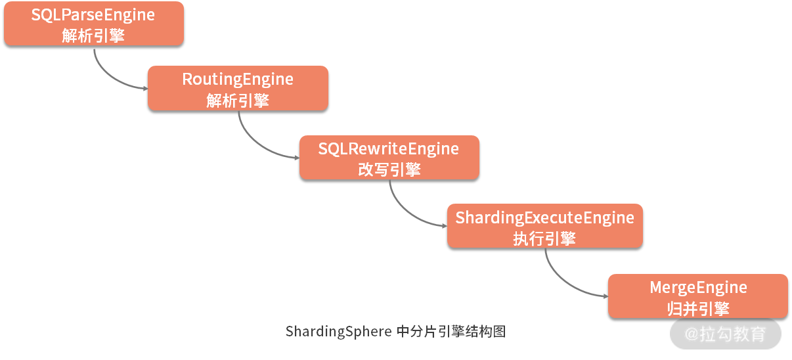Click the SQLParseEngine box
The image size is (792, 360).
point(93,24)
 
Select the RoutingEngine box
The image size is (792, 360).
point(237,88)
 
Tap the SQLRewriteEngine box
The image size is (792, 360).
point(389,158)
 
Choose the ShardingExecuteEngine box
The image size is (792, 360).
point(544,226)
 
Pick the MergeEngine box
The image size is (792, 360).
point(697,296)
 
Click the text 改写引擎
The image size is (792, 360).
point(389,169)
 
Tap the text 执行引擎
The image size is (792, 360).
point(544,238)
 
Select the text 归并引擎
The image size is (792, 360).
point(698,308)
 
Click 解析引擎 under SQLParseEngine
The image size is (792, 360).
point(93,35)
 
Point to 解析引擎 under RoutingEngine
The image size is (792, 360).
point(237,100)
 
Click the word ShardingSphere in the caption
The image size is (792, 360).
point(338,331)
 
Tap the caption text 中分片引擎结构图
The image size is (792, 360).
point(452,331)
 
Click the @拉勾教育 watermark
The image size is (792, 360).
point(726,334)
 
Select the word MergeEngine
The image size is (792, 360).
point(698,287)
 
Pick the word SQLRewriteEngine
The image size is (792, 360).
point(389,149)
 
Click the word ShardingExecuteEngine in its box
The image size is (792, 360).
point(544,217)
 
